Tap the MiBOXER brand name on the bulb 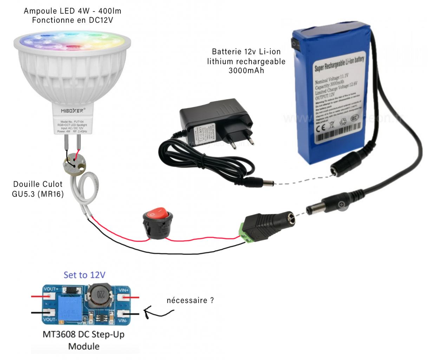point(72,110)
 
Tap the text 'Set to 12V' point(84,275)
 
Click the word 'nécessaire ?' point(190,301)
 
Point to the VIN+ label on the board point(125,290)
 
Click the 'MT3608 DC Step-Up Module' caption point(84,340)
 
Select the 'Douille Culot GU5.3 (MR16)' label point(38,189)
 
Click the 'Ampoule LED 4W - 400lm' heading point(72,11)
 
